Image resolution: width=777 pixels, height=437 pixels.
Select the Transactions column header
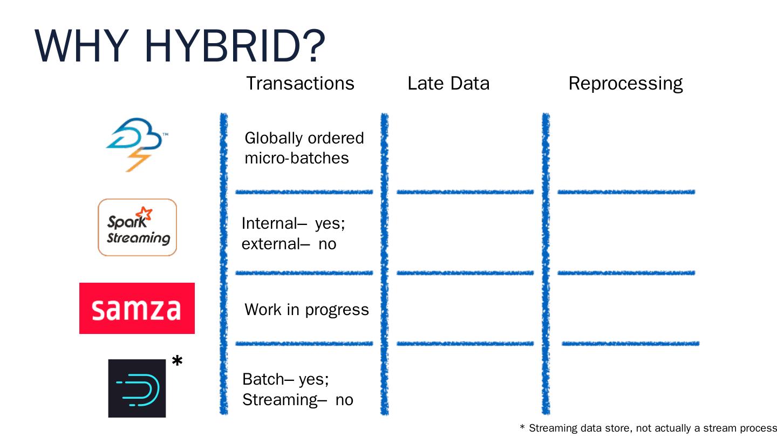pos(300,84)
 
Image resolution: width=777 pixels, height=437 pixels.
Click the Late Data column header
pos(448,84)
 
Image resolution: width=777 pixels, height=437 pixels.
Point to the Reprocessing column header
pos(625,84)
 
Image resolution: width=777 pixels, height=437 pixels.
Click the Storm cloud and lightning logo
pos(134,144)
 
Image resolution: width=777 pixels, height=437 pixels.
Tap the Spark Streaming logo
pos(137,227)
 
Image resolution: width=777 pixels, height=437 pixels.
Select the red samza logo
pos(137,308)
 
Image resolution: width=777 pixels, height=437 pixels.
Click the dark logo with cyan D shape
pos(137,388)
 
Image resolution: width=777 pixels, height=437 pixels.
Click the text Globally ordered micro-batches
pos(304,148)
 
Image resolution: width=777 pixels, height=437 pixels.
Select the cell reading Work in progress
pos(306,310)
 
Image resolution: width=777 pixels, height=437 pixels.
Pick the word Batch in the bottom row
pos(263,379)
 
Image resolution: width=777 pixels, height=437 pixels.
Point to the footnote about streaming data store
pos(647,428)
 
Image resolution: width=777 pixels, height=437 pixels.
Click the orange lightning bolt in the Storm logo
pos(138,159)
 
